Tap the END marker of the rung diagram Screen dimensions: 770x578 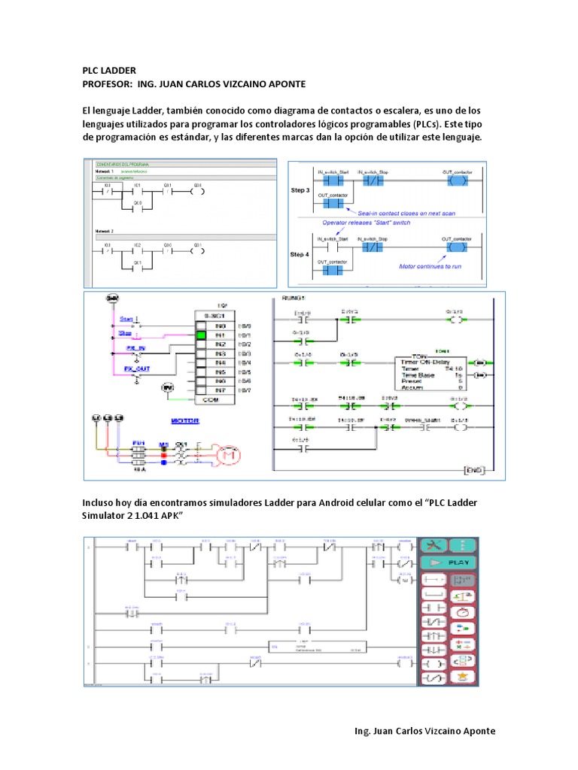coord(473,471)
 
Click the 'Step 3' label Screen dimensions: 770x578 coord(300,191)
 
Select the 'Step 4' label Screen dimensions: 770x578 coord(300,254)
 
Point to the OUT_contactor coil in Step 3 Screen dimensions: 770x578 coord(455,181)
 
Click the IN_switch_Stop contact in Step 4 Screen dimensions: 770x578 coord(372,246)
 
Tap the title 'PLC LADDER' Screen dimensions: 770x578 coord(108,70)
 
